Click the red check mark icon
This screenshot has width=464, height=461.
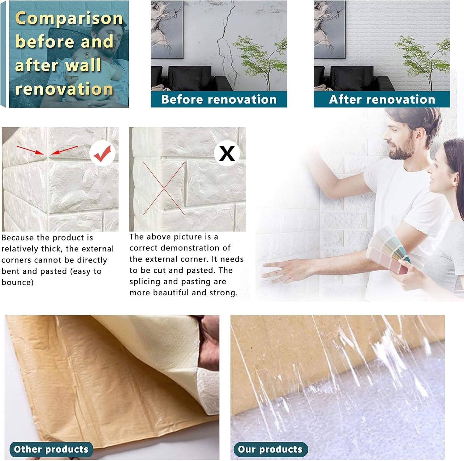(102, 153)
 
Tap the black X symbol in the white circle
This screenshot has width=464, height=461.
(227, 153)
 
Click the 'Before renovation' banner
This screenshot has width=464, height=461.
(219, 99)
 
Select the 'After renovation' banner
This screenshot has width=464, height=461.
(382, 99)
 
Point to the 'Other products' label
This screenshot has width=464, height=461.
(51, 449)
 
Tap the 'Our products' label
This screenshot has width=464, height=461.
(270, 449)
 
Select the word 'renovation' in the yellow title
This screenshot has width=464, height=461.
(64, 89)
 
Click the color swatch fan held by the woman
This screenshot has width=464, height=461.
(390, 250)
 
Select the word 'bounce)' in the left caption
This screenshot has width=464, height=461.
(17, 282)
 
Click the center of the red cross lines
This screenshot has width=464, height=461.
(164, 188)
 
